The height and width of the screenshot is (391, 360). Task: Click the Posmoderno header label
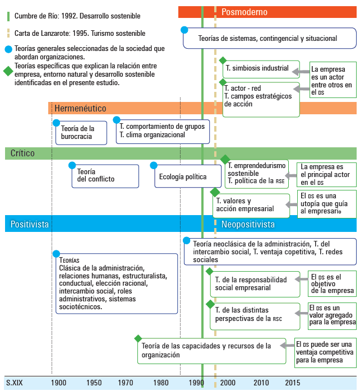(244, 12)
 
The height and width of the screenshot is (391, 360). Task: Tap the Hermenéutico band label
(80, 108)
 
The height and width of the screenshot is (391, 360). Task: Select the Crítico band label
(23, 153)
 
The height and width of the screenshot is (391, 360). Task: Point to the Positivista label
(30, 224)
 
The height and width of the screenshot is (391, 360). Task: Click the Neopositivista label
(248, 224)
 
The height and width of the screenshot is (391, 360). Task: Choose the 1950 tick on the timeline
(94, 383)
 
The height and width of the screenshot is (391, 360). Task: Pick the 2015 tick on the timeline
(292, 383)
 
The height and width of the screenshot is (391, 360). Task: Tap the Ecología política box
(183, 177)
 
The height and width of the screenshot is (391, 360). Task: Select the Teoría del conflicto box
(105, 176)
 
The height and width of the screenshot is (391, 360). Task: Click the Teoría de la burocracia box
(81, 133)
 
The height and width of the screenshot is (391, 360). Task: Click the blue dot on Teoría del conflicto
(72, 165)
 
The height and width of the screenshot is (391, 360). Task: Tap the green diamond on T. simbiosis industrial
(223, 60)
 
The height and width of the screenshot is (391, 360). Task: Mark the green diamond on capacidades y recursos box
(138, 338)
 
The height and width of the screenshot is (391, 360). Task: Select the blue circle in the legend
(7, 49)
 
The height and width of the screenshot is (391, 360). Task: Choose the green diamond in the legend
(7, 71)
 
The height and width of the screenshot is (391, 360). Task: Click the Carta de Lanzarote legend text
(80, 34)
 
